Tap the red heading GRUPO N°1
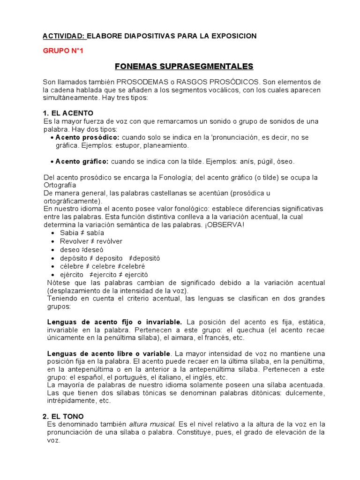point(63,51)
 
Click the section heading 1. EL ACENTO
point(68,113)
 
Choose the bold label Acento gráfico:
point(82,161)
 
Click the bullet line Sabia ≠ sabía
point(82,232)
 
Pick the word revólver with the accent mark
point(109,241)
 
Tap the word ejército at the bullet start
point(72,274)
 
